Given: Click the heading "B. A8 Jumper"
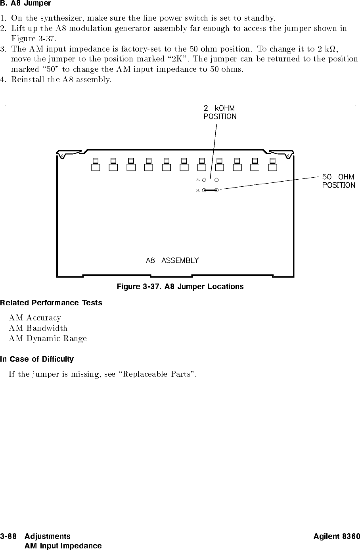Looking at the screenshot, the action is point(25,4).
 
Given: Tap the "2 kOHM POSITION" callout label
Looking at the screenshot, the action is point(220,113).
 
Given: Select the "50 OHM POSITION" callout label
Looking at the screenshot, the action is point(339,181).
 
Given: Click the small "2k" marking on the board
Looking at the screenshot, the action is point(198,180).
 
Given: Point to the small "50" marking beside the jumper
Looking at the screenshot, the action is point(198,190).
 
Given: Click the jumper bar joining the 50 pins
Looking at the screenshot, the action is point(210,190).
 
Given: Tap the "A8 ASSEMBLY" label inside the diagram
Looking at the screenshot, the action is point(172,260).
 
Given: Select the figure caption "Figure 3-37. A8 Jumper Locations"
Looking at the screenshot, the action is point(180,287).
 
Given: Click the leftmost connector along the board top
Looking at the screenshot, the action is point(96,164).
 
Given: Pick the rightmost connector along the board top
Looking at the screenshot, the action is point(273,164).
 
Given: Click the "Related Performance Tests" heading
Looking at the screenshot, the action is point(51,303).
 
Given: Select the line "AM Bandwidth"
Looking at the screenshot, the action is point(38,328).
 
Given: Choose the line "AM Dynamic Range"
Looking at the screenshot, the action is point(48,339).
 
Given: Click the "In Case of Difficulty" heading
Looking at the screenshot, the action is point(37,359).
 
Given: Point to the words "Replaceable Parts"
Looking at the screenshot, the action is point(157,374).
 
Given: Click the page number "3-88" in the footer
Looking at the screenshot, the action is point(8,536).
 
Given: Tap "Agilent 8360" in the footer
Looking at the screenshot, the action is point(337,536).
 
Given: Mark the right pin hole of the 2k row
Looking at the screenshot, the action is point(216,180).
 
